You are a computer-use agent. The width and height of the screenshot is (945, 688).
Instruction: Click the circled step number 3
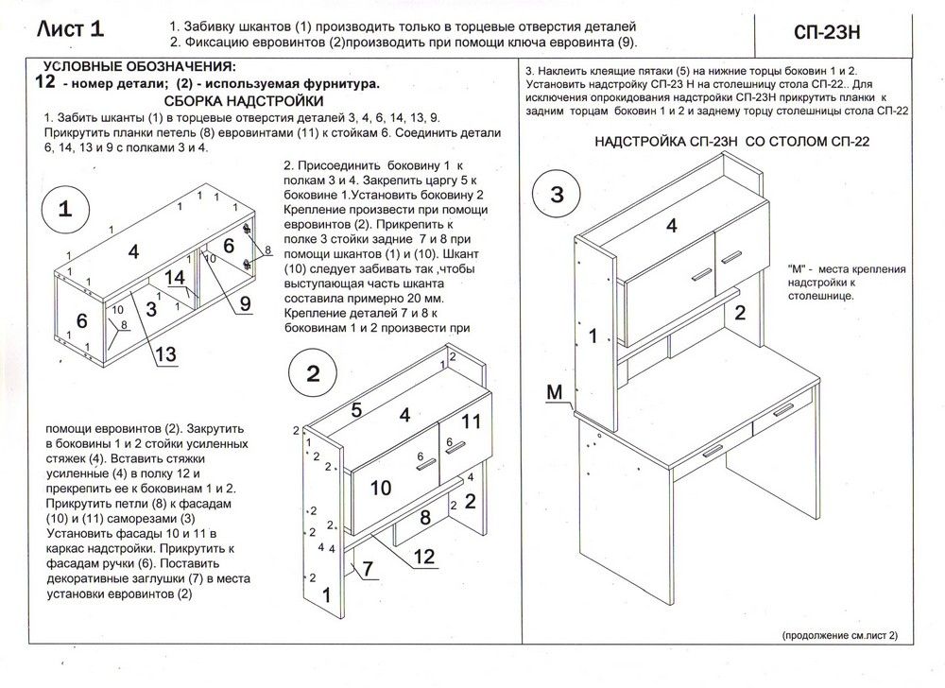pyautogui.click(x=557, y=196)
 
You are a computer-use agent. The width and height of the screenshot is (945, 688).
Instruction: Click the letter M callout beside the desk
pyautogui.click(x=557, y=390)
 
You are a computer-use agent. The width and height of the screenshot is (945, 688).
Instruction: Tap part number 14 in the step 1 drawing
pyautogui.click(x=176, y=277)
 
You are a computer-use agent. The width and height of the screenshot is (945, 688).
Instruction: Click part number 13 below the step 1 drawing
pyautogui.click(x=164, y=354)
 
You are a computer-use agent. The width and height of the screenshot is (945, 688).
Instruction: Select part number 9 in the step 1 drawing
pyautogui.click(x=244, y=303)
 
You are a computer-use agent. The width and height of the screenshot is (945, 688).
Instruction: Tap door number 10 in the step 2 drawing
pyautogui.click(x=381, y=488)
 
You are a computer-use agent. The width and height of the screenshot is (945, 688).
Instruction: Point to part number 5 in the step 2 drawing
pyautogui.click(x=356, y=409)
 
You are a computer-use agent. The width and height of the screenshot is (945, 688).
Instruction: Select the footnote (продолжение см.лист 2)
pyautogui.click(x=839, y=636)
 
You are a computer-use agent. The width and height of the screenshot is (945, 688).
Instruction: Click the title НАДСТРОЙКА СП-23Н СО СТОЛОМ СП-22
pyautogui.click(x=731, y=143)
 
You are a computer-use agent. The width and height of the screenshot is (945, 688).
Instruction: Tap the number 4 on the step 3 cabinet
pyautogui.click(x=672, y=225)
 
